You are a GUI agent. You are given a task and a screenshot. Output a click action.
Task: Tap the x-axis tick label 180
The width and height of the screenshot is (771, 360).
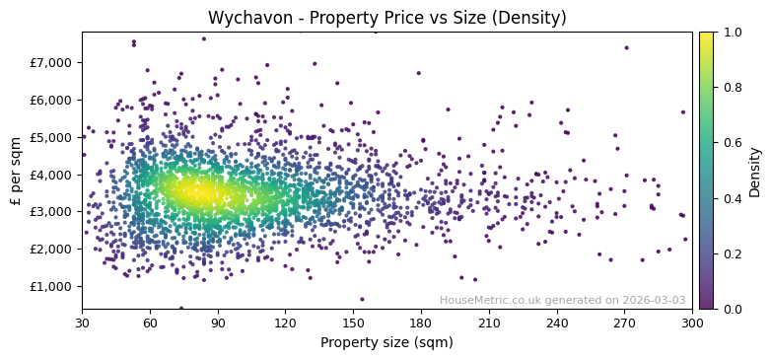(x=421, y=323)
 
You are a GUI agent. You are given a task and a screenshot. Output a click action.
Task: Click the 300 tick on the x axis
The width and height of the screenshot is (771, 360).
(x=691, y=323)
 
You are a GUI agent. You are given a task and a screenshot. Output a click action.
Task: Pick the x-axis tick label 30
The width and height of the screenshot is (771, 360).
(x=82, y=323)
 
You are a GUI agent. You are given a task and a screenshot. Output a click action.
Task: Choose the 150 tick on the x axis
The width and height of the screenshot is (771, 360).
(x=353, y=323)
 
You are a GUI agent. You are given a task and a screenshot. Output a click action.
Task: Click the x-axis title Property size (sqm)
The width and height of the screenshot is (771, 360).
(x=386, y=342)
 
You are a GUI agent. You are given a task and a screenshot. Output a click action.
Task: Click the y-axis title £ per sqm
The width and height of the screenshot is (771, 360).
(x=16, y=171)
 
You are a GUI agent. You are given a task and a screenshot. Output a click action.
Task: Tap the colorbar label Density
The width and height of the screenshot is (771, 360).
(x=754, y=171)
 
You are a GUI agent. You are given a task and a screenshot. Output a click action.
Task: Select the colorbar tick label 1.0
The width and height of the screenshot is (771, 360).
(x=731, y=33)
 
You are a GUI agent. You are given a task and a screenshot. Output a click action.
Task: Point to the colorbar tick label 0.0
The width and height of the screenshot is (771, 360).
(x=731, y=309)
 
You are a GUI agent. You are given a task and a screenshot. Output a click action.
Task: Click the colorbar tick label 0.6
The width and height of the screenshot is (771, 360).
(x=731, y=143)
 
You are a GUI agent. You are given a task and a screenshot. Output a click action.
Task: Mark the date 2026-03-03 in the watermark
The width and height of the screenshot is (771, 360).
(x=652, y=300)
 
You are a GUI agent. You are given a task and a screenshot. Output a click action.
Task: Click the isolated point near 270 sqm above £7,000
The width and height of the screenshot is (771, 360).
(x=625, y=47)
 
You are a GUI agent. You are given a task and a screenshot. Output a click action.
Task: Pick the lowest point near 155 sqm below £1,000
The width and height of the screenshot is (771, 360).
(x=361, y=299)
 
